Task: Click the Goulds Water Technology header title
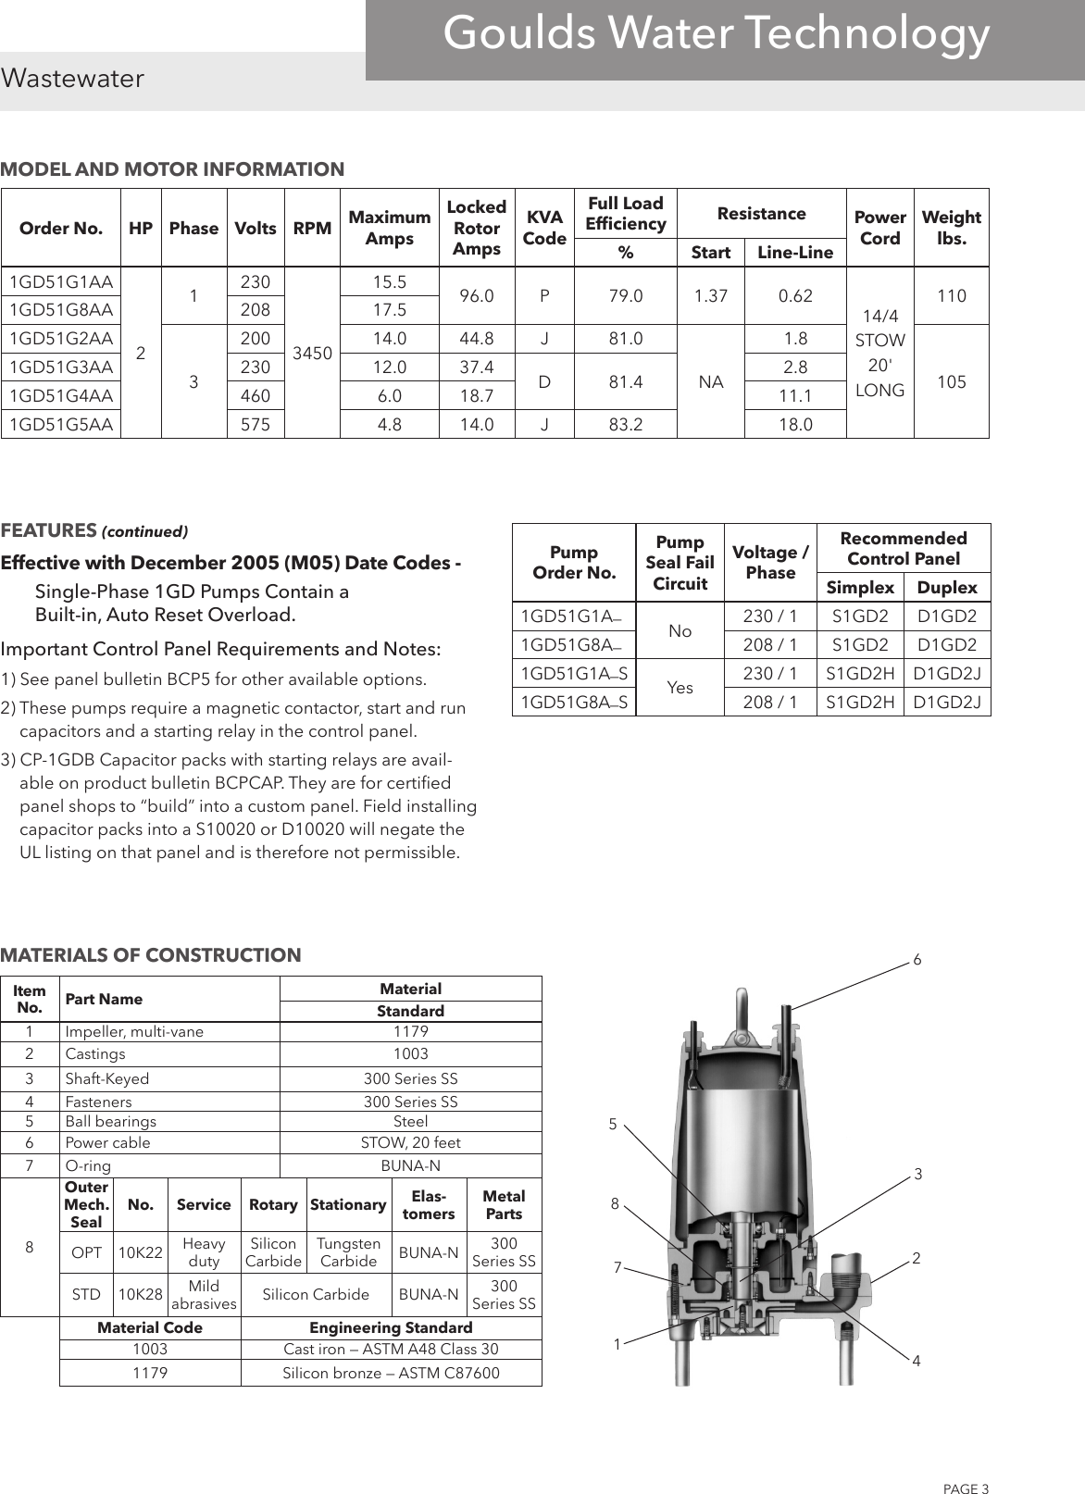(717, 35)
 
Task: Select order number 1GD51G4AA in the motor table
(61, 395)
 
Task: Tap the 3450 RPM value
(312, 353)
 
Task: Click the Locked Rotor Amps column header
(476, 228)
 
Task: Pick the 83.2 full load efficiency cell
(626, 424)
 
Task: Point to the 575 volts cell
(256, 424)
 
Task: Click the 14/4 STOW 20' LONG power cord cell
(879, 353)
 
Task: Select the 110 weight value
(951, 296)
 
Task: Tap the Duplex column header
(946, 588)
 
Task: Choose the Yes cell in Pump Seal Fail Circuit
(680, 688)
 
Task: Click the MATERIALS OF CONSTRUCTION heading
(151, 955)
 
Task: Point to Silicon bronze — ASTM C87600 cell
(391, 1373)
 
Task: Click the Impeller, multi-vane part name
(134, 1031)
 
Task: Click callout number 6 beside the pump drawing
(917, 961)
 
